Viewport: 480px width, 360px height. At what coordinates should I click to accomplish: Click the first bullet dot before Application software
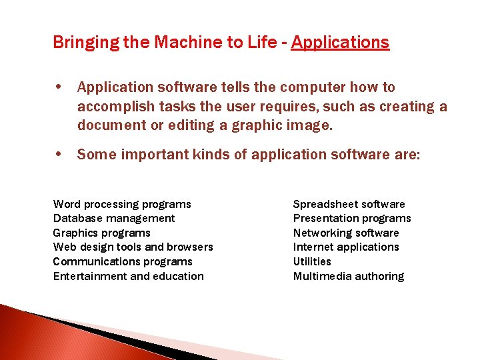pyautogui.click(x=61, y=87)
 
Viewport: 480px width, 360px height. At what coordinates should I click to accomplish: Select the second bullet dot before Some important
pyautogui.click(x=61, y=155)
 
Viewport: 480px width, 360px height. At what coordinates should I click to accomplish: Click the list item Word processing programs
pyautogui.click(x=122, y=204)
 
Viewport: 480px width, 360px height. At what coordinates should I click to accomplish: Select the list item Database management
pyautogui.click(x=114, y=218)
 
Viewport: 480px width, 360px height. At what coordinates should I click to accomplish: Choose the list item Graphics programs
pyautogui.click(x=101, y=233)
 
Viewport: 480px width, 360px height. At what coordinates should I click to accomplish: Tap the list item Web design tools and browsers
pyautogui.click(x=133, y=247)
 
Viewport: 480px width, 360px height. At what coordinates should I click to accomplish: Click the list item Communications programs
pyautogui.click(x=123, y=261)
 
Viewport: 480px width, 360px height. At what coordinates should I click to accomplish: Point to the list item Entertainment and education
pyautogui.click(x=128, y=276)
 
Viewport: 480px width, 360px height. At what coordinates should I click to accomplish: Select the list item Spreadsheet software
pyautogui.click(x=349, y=204)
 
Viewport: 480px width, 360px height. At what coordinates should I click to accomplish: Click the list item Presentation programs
pyautogui.click(x=352, y=218)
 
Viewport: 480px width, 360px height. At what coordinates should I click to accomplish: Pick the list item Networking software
pyautogui.click(x=346, y=233)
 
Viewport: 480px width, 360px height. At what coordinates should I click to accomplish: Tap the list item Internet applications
pyautogui.click(x=346, y=247)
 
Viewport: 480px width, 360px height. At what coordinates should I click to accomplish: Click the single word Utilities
pyautogui.click(x=312, y=261)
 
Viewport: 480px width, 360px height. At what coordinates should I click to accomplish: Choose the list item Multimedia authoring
pyautogui.click(x=349, y=276)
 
